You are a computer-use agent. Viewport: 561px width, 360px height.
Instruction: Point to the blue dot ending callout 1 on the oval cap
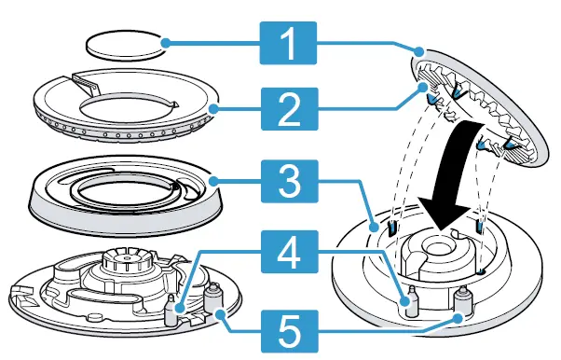tap(163, 42)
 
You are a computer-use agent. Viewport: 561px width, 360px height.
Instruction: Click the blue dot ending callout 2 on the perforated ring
tap(213, 109)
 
